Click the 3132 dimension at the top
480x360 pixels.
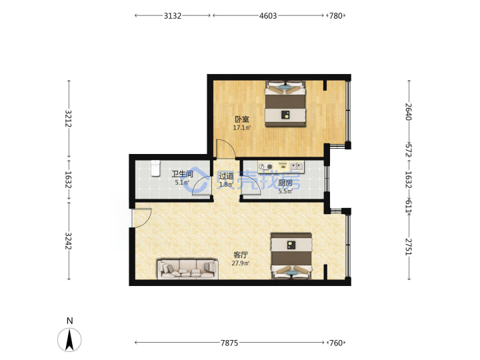pos(173,15)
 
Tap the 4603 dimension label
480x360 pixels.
pos(268,15)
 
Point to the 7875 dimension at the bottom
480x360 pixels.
pos(229,343)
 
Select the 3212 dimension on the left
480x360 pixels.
pos(69,119)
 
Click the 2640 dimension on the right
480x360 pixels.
pos(409,112)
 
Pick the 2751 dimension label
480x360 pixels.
pos(409,247)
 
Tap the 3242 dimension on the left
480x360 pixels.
pos(69,241)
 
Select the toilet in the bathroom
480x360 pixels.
pos(155,168)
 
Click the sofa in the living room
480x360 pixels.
pos(187,269)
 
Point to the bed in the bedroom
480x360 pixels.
pos(285,103)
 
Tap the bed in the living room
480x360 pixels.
pos(291,256)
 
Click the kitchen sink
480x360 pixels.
pos(296,166)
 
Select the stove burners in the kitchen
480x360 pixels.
pos(265,167)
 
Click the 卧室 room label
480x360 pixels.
pos(242,119)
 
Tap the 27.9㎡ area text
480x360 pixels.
pos(241,263)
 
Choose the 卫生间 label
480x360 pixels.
pos(182,174)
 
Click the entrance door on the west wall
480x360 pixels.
pos(141,217)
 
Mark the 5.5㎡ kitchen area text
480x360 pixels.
pos(285,191)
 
